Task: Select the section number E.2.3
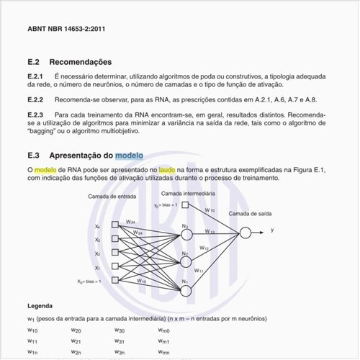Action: (35, 114)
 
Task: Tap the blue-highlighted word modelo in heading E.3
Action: (129, 155)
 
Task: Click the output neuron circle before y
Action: (246, 231)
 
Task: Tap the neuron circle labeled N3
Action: (185, 231)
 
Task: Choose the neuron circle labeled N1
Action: (185, 290)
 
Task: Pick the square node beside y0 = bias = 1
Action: (185, 206)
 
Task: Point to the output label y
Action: (271, 230)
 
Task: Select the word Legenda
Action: (39, 306)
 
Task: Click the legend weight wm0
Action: (163, 330)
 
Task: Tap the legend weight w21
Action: (76, 341)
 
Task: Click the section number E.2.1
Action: (35, 76)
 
